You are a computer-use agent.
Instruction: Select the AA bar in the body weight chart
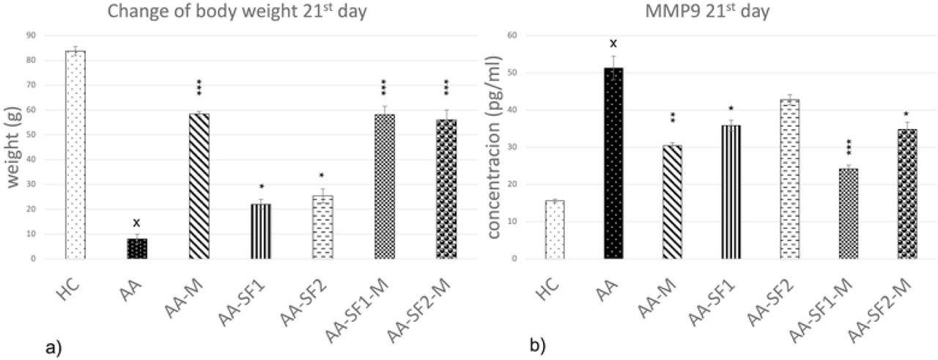coord(137,248)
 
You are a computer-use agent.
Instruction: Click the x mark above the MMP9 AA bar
coord(613,44)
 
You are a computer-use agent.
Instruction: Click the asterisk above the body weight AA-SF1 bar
coord(261,187)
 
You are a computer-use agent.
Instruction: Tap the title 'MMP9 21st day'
coord(723,10)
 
